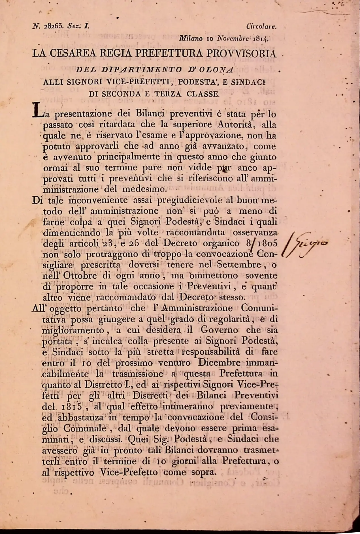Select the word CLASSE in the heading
(x=203, y=94)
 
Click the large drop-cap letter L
(x=37, y=110)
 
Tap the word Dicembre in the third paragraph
(x=220, y=363)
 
